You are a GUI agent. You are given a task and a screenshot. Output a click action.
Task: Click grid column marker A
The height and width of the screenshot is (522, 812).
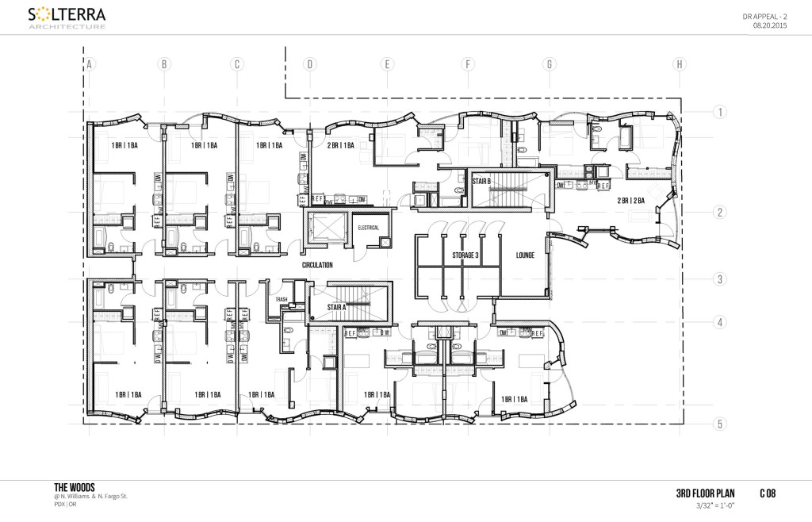point(90,64)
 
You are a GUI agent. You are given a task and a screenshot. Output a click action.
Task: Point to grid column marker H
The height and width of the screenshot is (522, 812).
point(679,64)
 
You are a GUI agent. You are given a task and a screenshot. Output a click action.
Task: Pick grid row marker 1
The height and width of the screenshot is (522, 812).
point(720,113)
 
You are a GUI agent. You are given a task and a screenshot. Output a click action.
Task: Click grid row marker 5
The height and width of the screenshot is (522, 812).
point(720,424)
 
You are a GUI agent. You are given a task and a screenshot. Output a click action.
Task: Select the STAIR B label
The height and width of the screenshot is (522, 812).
point(483,182)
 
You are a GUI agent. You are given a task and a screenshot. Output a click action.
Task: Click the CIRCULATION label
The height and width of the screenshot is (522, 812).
point(317,265)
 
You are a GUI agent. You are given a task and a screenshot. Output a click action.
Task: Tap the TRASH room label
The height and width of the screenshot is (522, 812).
point(281,300)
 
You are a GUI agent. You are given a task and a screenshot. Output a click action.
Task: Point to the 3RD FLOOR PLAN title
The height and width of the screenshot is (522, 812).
point(705,493)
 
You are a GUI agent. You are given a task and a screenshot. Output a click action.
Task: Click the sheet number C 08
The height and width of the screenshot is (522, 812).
point(766,493)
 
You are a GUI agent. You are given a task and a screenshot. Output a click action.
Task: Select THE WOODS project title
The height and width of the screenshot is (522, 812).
point(75,487)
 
